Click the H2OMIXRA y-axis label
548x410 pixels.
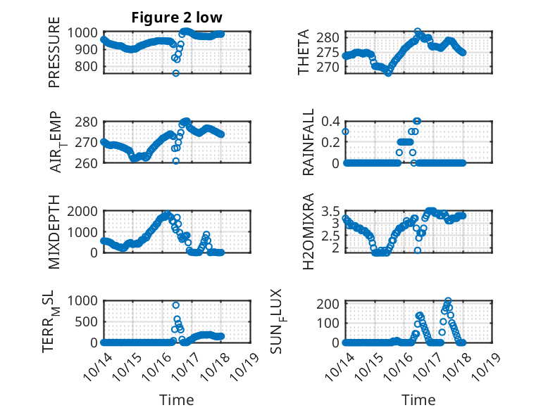308,232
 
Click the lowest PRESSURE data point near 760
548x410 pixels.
176,73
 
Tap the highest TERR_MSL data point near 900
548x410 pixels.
175,305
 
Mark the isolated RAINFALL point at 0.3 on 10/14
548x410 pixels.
345,132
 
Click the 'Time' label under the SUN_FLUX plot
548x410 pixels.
418,400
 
